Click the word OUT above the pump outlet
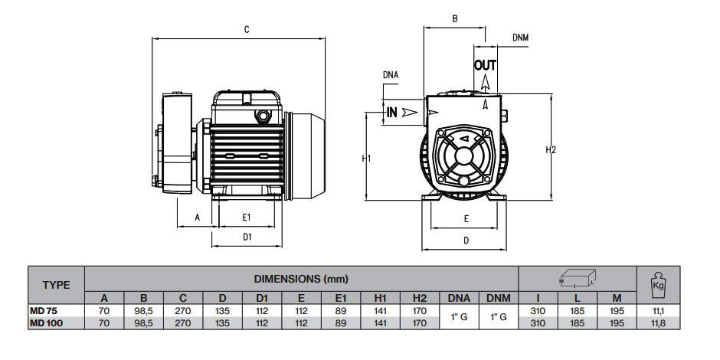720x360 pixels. click(486, 65)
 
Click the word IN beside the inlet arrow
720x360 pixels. click(391, 112)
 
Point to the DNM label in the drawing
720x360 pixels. click(520, 38)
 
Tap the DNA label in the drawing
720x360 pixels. click(391, 75)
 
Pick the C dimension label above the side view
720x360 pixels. click(247, 30)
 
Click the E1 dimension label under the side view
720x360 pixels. click(247, 218)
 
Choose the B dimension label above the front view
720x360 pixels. click(455, 18)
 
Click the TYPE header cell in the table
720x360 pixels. click(56, 285)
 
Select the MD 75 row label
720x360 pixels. click(44, 311)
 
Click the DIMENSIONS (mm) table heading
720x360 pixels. click(301, 279)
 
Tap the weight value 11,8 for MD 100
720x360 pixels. click(656, 322)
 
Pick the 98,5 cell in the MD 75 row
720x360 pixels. click(142, 311)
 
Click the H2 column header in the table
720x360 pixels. click(419, 298)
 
